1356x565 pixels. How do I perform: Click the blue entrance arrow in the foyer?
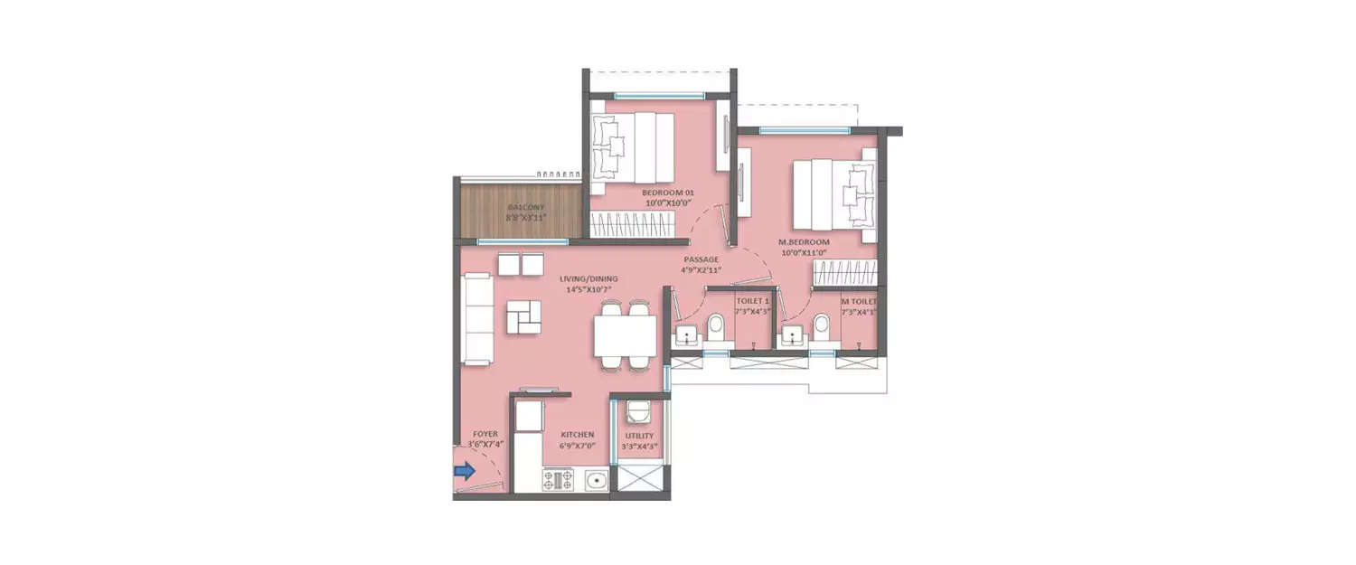464,470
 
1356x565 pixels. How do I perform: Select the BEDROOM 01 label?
668,193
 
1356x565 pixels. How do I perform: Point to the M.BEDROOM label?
805,243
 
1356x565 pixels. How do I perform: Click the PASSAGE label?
701,259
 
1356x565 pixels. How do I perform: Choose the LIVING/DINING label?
587,278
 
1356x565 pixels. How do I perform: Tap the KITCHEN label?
577,435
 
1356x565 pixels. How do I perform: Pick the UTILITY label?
639,436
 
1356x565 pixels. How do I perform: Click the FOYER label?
485,435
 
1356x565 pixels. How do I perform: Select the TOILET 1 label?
752,300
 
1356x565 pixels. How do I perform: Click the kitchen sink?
595,480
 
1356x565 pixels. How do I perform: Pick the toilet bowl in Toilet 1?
715,327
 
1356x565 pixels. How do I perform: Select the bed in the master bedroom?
834,193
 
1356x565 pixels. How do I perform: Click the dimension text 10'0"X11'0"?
805,254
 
